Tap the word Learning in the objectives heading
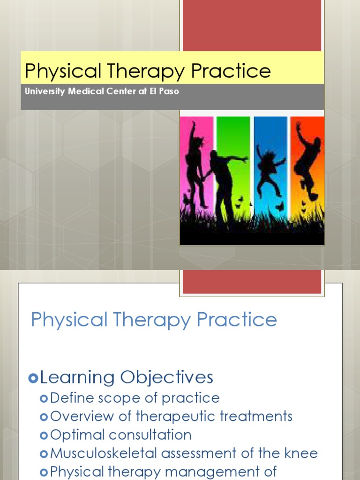tap(77, 377)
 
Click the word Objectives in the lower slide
tap(166, 377)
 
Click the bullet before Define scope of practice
tap(44, 399)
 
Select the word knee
tap(302, 453)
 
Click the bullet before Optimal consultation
tap(44, 435)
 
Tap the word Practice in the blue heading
tap(237, 320)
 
